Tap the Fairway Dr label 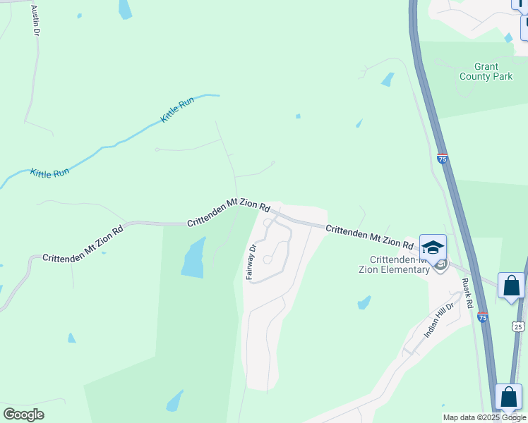point(251,262)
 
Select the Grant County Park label point(486,71)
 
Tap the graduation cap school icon point(433,247)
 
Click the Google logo point(23,414)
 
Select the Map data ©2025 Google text point(484,417)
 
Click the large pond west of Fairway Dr point(193,258)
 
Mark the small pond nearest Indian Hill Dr point(364,303)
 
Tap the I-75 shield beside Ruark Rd point(482,318)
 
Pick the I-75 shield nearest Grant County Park point(442,159)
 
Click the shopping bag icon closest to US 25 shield point(510,286)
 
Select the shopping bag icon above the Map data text point(508,397)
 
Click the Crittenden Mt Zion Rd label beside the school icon point(369,236)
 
